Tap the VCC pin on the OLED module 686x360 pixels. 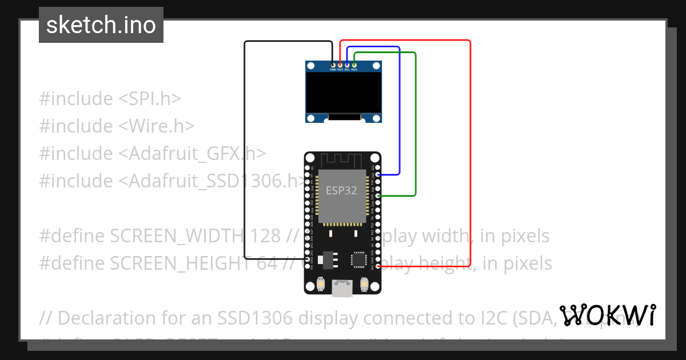[340, 66]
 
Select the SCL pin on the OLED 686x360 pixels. [347, 66]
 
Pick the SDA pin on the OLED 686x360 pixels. [354, 66]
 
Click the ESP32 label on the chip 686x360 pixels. [341, 191]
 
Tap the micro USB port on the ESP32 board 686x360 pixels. [342, 289]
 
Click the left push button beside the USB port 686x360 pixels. [321, 283]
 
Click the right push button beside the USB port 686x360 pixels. [364, 283]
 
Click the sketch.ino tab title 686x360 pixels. [101, 25]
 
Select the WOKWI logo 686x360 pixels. [607, 315]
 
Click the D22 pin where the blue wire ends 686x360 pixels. [378, 174]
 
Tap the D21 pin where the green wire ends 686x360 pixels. [378, 196]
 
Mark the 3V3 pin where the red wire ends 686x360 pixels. [378, 266]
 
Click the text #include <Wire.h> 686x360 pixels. [117, 126]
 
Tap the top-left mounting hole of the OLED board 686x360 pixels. [311, 66]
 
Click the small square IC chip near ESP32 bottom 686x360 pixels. [359, 259]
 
